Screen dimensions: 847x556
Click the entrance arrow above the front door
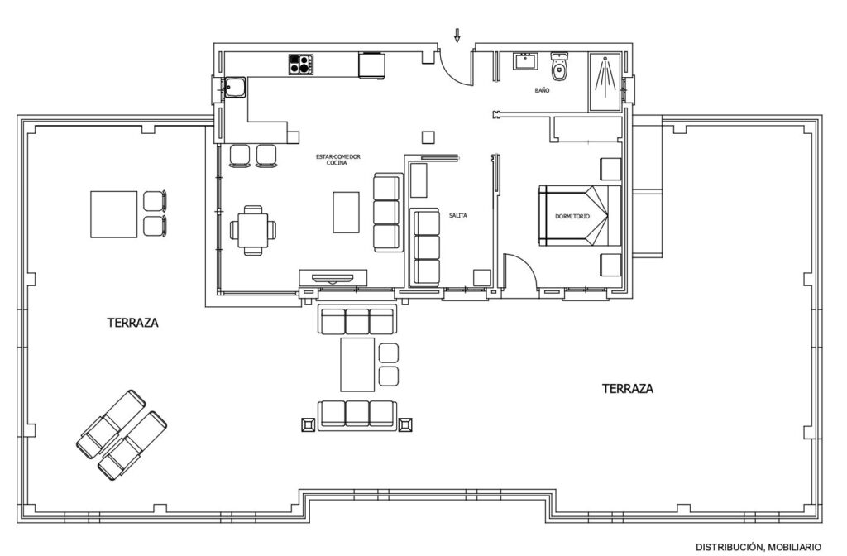[x=457, y=36]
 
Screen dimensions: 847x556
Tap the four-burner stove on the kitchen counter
[x=301, y=65]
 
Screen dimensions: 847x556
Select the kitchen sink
[x=236, y=88]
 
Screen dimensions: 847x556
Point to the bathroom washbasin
[x=525, y=61]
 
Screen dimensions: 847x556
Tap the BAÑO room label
[x=542, y=91]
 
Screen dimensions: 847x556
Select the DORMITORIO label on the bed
[x=572, y=216]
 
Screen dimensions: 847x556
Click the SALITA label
[x=457, y=215]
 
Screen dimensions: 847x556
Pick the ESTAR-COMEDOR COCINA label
[x=337, y=160]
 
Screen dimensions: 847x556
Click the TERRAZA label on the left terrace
[x=133, y=323]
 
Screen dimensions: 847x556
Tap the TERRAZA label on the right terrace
[x=628, y=389]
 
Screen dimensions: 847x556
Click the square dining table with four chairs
[x=253, y=230]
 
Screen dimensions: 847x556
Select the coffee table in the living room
[x=346, y=213]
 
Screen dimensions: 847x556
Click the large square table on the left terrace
[x=114, y=214]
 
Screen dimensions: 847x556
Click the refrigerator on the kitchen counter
[x=371, y=65]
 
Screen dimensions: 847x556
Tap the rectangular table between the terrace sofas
[x=357, y=364]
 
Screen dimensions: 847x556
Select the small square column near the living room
[x=428, y=137]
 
